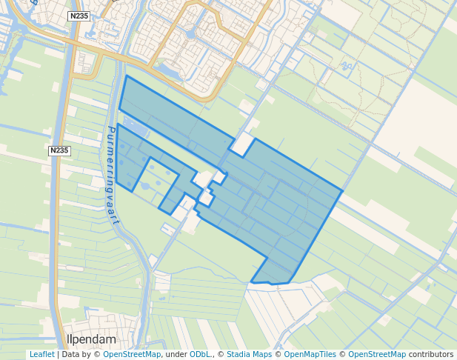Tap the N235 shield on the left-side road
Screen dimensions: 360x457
click(60, 151)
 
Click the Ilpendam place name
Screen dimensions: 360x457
click(92, 339)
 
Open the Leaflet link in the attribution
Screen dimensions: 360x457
click(41, 355)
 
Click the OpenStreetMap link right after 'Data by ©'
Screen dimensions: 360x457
click(132, 355)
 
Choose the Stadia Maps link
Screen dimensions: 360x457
click(249, 355)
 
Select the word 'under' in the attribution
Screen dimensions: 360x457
click(176, 355)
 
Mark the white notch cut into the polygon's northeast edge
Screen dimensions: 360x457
click(241, 145)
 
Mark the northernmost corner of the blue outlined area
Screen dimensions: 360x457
click(127, 76)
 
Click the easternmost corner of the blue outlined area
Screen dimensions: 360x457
click(342, 190)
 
